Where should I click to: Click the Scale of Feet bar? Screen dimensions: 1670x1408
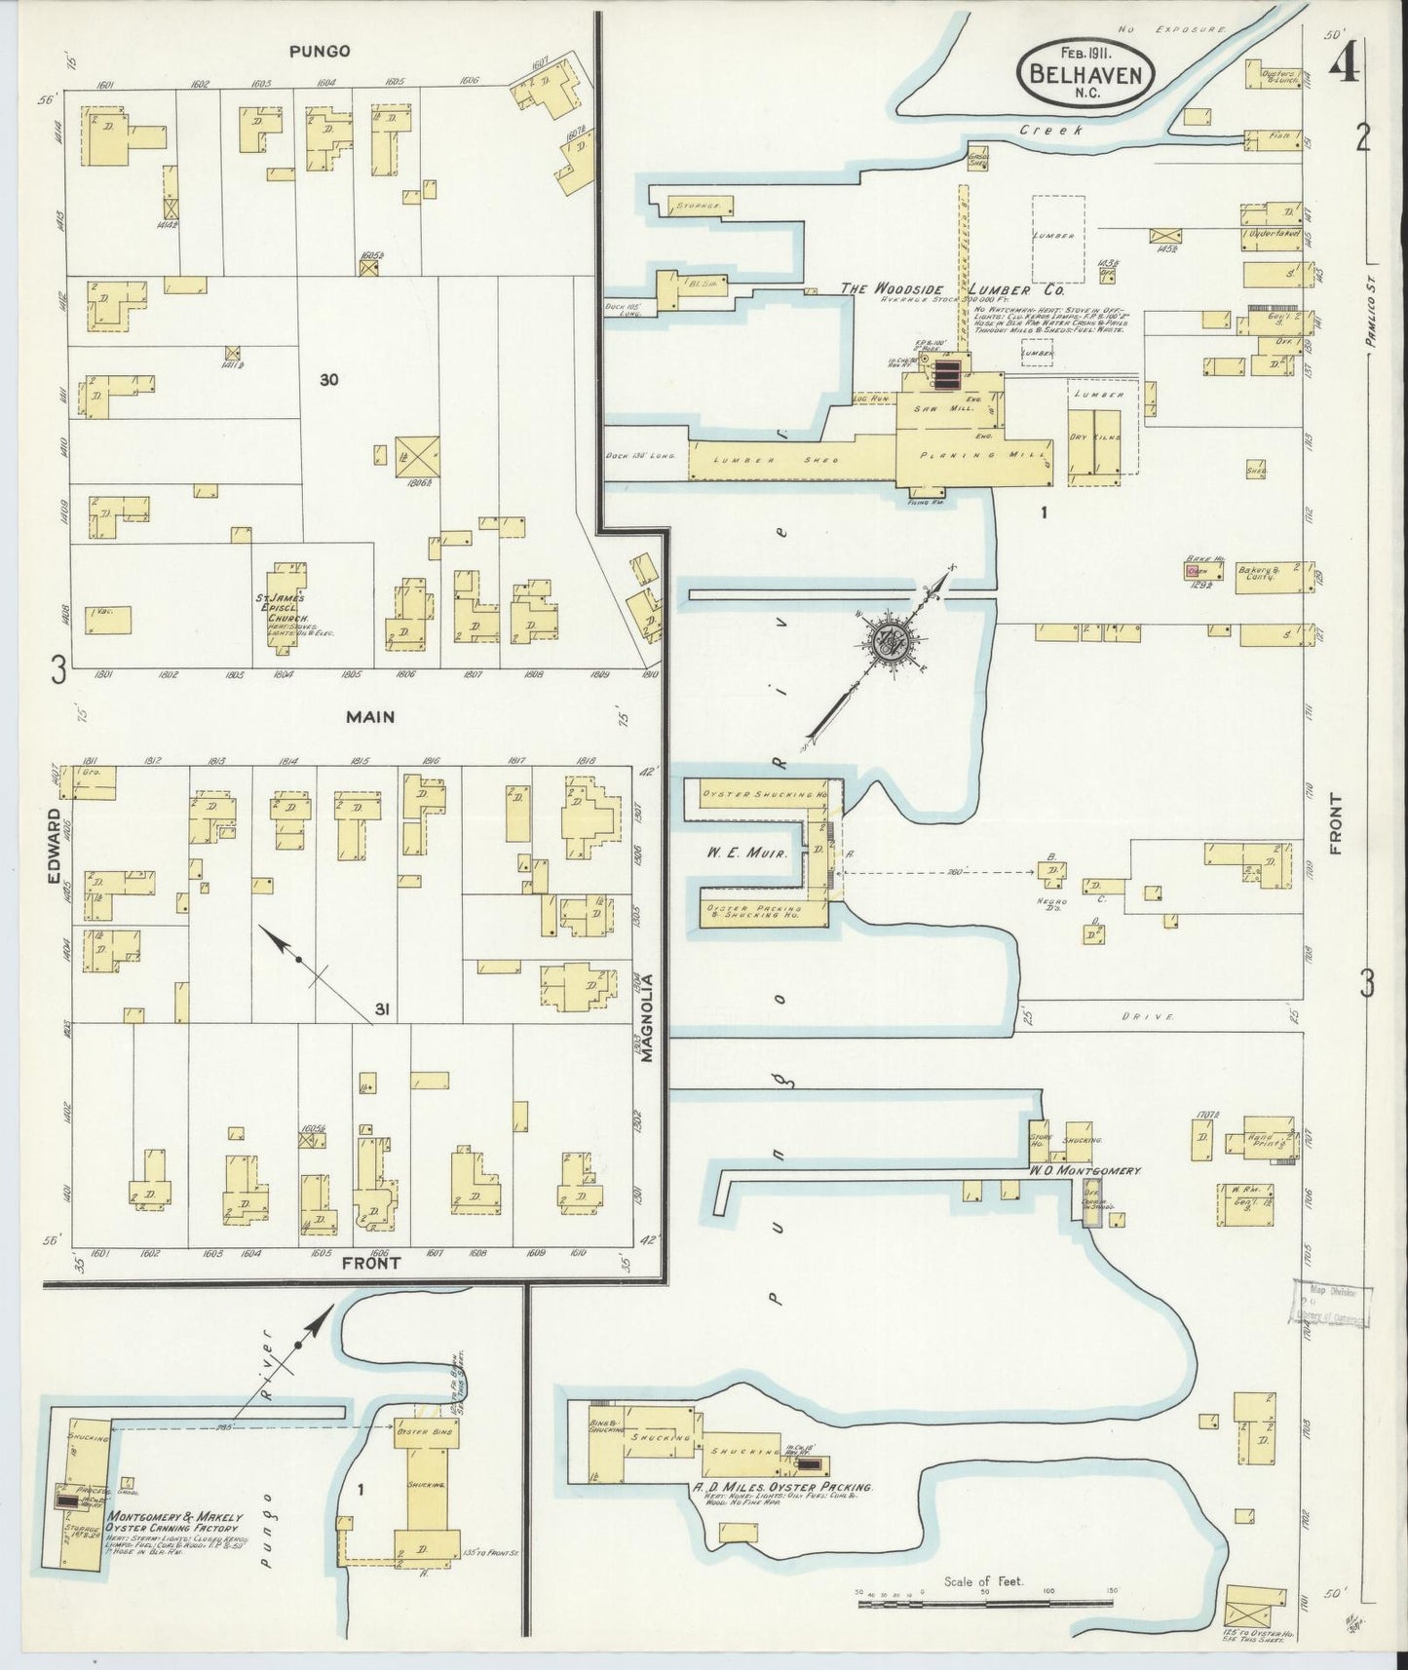(x=984, y=1601)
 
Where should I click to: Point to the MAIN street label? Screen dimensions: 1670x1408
(x=370, y=717)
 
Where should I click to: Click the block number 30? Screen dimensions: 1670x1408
(x=328, y=380)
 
